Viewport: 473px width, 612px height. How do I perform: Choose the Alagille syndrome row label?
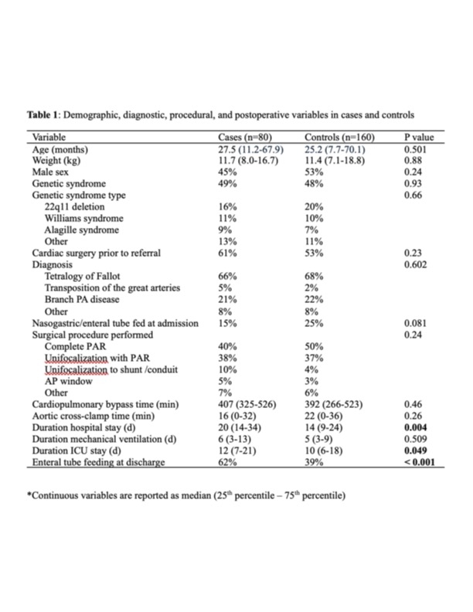tap(82, 230)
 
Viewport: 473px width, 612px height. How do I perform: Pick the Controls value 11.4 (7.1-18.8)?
tap(330, 160)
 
